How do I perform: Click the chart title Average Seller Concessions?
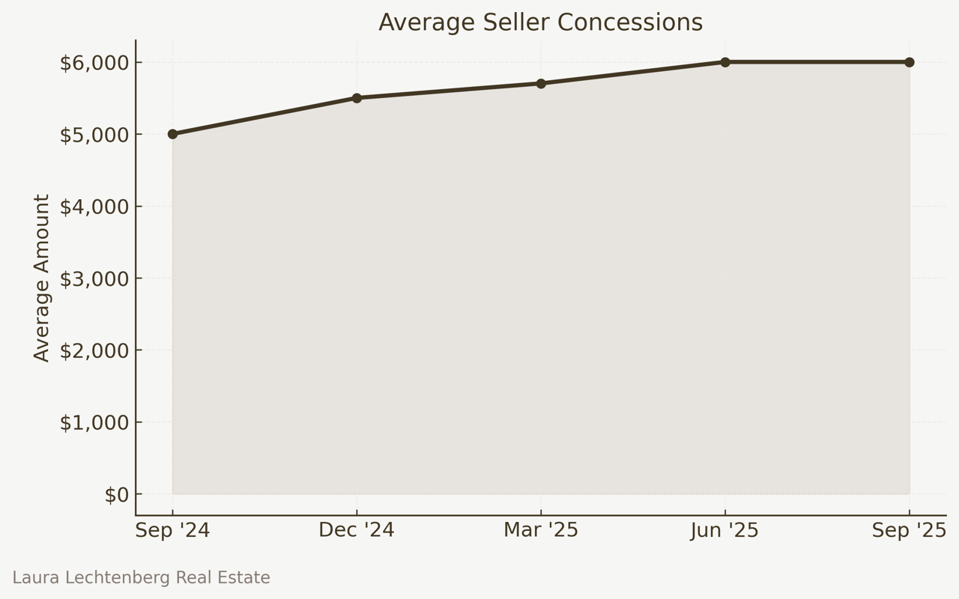tap(540, 22)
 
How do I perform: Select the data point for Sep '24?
tap(172, 134)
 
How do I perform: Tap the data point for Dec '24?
tap(357, 98)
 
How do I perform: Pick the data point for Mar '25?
tap(541, 84)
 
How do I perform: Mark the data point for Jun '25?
tap(725, 62)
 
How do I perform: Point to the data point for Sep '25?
tap(910, 62)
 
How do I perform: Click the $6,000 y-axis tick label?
tap(94, 63)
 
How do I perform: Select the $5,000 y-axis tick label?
tap(94, 135)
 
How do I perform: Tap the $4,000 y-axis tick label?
tap(94, 207)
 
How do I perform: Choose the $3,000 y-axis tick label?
tap(94, 279)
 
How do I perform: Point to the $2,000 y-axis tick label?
tap(94, 350)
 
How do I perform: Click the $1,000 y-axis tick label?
tap(94, 422)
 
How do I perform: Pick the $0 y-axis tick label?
tap(117, 495)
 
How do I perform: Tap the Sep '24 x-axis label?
tap(172, 530)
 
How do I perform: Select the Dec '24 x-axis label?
tap(357, 530)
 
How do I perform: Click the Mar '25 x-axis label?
tap(541, 530)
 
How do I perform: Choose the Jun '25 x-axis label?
tap(724, 530)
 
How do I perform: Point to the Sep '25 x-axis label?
tap(909, 530)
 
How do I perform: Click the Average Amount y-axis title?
tap(42, 278)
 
